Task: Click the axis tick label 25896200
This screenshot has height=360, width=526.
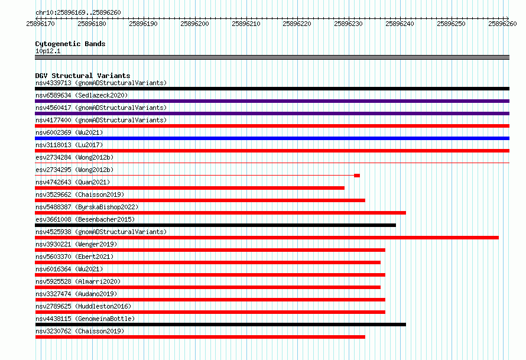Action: (x=194, y=24)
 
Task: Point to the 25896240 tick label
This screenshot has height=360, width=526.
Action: (x=400, y=24)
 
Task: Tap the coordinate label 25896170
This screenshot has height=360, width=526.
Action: (x=41, y=24)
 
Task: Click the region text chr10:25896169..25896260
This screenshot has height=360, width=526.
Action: (x=78, y=12)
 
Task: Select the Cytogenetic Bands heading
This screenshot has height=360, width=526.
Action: (x=70, y=44)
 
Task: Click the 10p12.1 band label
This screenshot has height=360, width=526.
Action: (x=48, y=51)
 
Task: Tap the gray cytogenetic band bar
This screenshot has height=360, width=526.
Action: (x=272, y=57)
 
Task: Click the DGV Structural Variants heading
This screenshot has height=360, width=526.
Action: (x=83, y=76)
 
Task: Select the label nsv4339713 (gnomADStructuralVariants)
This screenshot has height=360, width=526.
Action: (x=101, y=83)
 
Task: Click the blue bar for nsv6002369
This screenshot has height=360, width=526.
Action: (x=272, y=138)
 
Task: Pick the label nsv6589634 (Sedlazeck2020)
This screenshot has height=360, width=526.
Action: (x=82, y=95)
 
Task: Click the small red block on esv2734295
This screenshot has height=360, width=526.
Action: (x=357, y=176)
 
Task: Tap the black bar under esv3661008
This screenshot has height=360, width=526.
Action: (x=215, y=225)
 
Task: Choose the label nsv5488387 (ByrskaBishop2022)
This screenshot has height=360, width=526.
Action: (x=87, y=207)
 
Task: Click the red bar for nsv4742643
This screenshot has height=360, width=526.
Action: (x=190, y=188)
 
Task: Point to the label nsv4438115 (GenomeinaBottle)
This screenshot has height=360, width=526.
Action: (x=85, y=319)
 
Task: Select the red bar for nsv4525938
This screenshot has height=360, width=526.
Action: (x=267, y=238)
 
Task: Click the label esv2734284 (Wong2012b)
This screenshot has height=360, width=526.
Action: (x=74, y=157)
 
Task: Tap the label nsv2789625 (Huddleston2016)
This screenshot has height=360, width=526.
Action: (x=83, y=306)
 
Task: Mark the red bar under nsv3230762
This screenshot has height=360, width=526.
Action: (x=200, y=337)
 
